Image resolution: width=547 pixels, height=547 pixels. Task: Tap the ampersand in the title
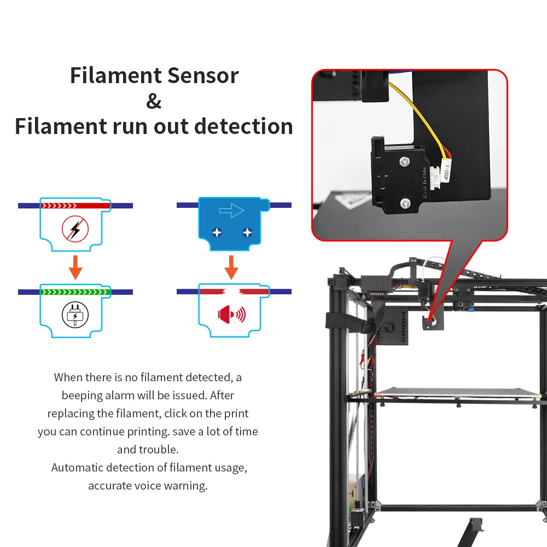click(154, 101)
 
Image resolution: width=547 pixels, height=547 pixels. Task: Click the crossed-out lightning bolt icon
click(75, 229)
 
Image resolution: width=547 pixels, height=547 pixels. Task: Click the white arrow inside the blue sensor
click(231, 210)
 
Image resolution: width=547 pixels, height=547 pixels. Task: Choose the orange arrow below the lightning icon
click(75, 267)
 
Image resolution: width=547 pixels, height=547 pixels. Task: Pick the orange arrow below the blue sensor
click(232, 267)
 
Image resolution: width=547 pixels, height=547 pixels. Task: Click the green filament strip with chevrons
click(75, 292)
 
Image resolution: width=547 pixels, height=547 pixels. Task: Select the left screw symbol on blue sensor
click(217, 232)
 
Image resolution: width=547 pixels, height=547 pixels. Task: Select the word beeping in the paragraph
click(82, 395)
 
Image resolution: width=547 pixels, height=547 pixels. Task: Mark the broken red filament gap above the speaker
click(232, 292)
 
